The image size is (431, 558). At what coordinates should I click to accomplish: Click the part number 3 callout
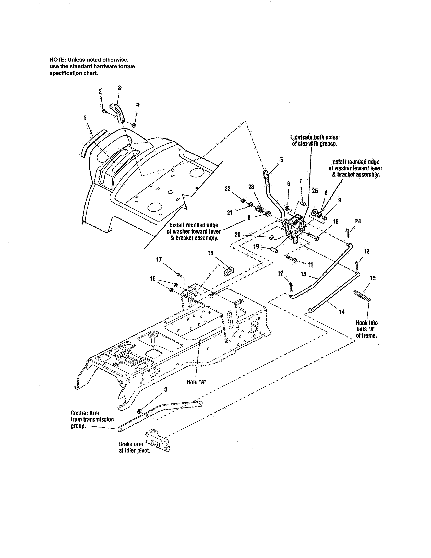(x=119, y=88)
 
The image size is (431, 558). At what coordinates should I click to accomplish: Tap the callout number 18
(x=210, y=253)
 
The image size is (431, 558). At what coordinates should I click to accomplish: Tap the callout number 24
(x=358, y=221)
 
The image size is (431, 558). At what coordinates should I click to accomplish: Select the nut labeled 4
(x=134, y=125)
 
